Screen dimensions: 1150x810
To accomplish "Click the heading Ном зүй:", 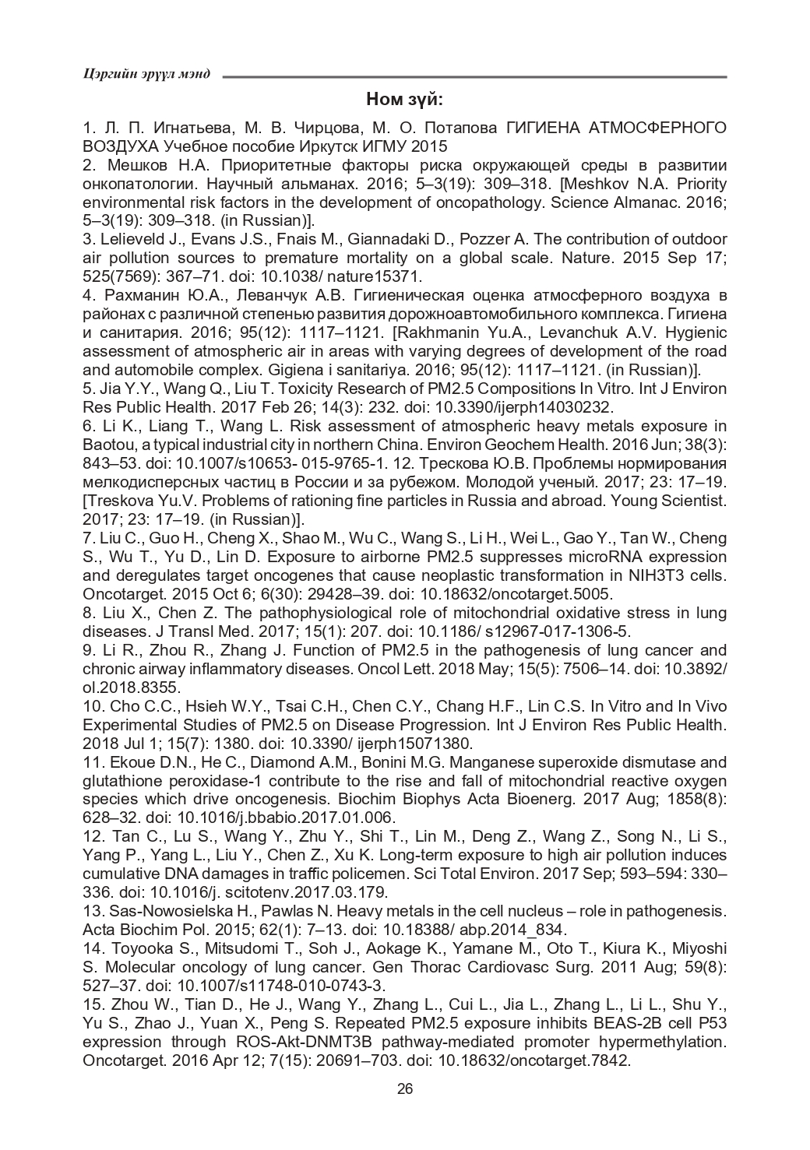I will pyautogui.click(x=404, y=100).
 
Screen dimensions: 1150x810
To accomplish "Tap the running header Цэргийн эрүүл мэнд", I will pyautogui.click(x=146, y=75).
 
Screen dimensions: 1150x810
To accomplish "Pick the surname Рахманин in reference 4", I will pyautogui.click(x=140, y=295).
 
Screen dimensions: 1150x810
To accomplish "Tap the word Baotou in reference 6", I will pyautogui.click(x=107, y=445).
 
